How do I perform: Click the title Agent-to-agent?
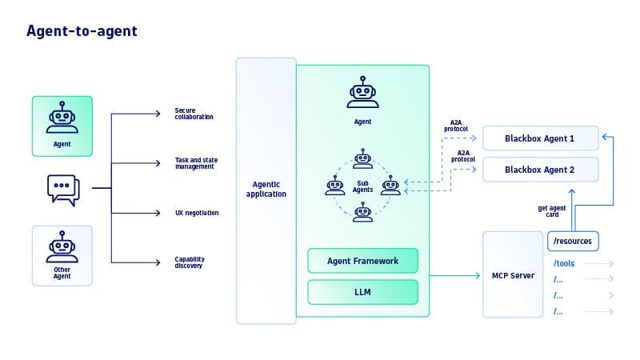(x=82, y=31)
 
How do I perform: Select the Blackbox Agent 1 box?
(x=540, y=138)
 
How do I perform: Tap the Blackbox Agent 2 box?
(x=540, y=170)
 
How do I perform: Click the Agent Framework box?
(x=362, y=261)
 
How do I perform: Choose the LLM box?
(x=362, y=292)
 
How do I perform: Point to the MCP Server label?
(x=513, y=276)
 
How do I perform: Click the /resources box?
(x=573, y=241)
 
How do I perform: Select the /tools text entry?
(x=565, y=262)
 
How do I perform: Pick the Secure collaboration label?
(x=194, y=114)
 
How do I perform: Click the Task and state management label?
(x=196, y=163)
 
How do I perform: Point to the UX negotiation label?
(x=197, y=213)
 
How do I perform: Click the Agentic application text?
(x=265, y=190)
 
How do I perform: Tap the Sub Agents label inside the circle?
(x=362, y=186)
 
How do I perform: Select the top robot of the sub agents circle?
(x=363, y=158)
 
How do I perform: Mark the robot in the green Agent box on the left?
(x=62, y=118)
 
